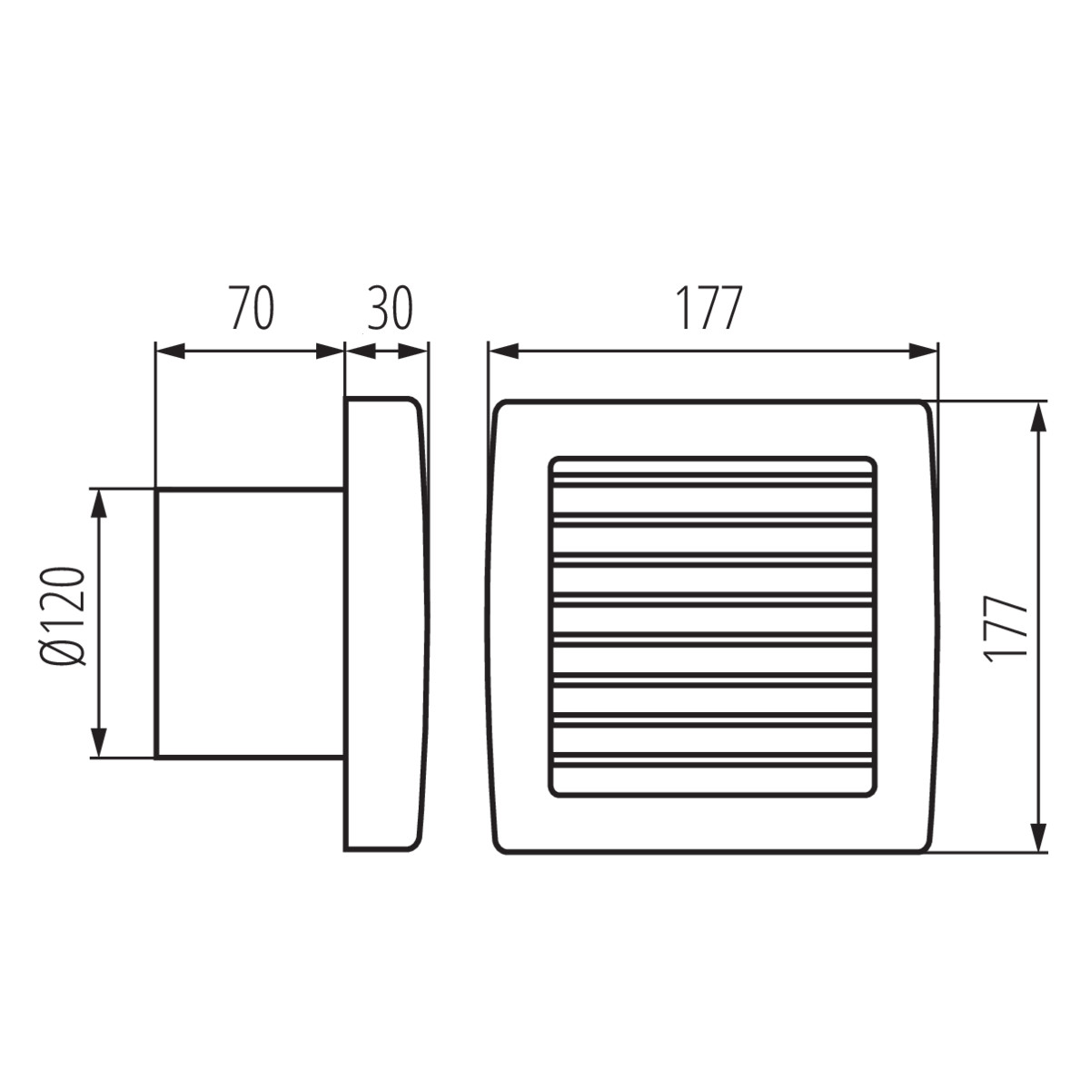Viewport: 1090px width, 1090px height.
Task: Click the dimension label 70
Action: pos(253,308)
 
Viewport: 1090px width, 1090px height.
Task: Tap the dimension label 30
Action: pos(391,308)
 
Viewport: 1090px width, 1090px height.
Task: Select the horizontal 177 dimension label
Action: pos(709,308)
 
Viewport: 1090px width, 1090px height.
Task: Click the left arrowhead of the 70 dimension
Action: pos(170,352)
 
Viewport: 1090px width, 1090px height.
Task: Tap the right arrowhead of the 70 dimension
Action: pos(330,352)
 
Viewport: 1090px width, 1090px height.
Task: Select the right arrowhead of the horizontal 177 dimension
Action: pos(923,352)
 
